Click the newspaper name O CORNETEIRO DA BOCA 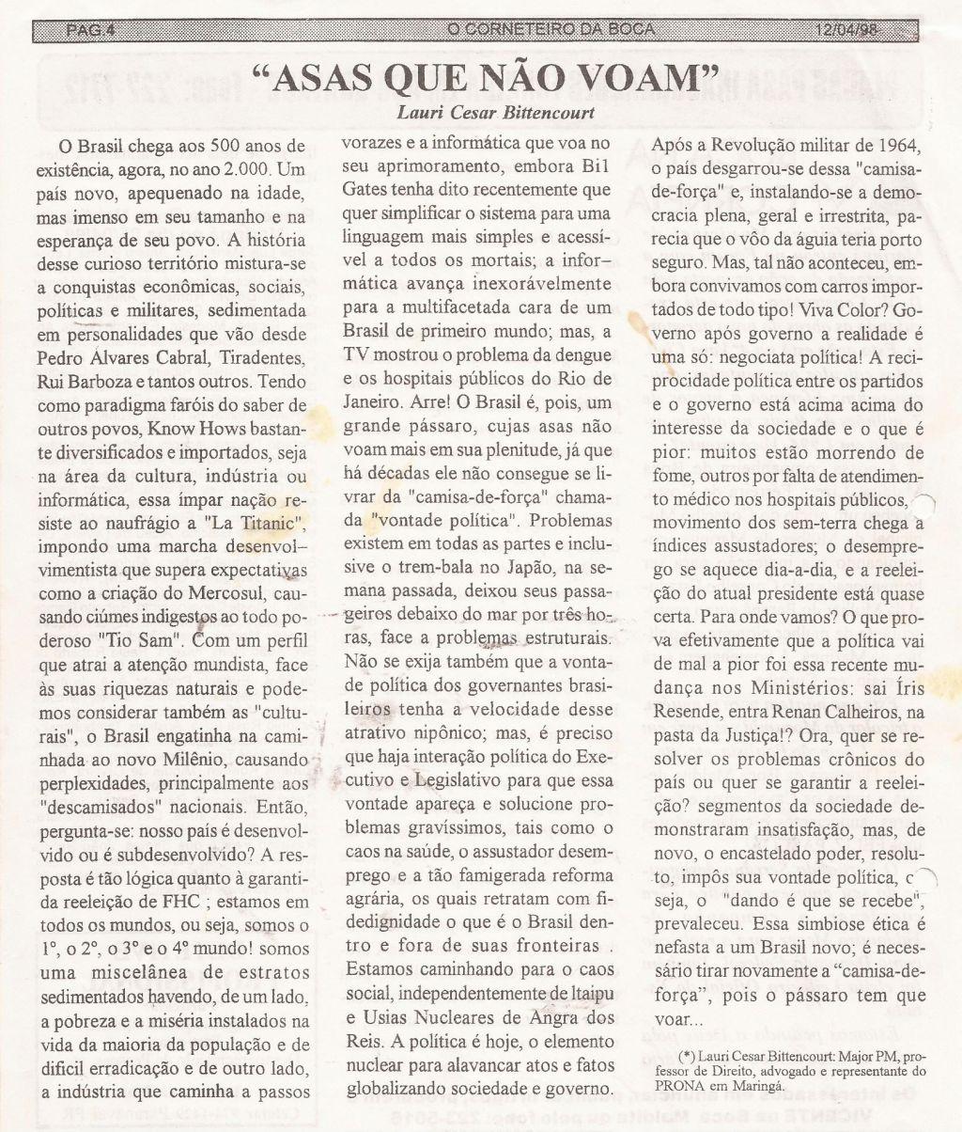(x=551, y=31)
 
